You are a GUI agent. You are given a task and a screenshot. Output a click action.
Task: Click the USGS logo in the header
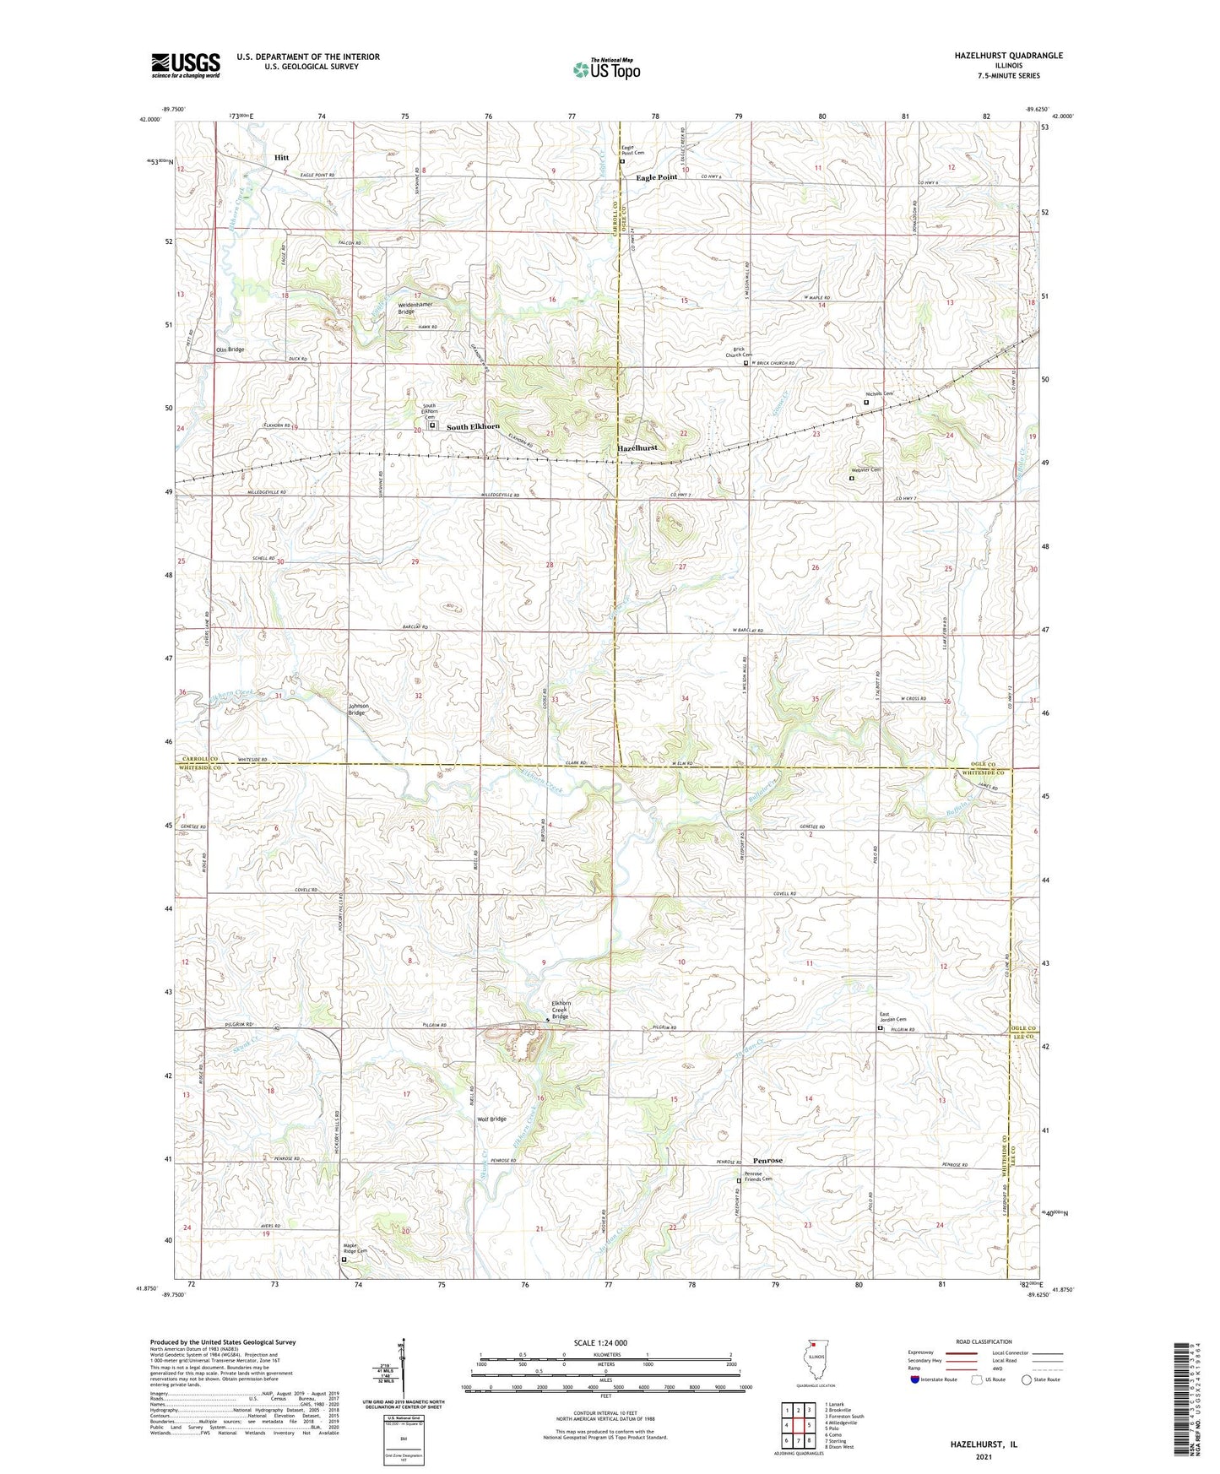point(186,64)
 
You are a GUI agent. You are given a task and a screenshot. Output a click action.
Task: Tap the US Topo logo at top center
point(605,69)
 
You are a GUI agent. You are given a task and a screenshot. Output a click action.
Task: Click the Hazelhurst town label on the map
point(637,448)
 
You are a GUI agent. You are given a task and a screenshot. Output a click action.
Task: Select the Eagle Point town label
point(656,177)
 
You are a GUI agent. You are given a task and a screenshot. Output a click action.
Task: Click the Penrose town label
point(763,1160)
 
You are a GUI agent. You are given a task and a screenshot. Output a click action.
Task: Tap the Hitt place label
point(281,158)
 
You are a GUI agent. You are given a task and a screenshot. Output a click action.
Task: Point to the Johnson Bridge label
point(357,710)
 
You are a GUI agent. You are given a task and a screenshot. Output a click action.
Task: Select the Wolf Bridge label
point(492,1119)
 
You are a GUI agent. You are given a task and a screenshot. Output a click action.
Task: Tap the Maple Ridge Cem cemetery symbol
point(344,1260)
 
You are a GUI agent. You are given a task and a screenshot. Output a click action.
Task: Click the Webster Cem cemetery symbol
point(851,479)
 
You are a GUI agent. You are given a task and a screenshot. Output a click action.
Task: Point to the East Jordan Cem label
point(892,1017)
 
